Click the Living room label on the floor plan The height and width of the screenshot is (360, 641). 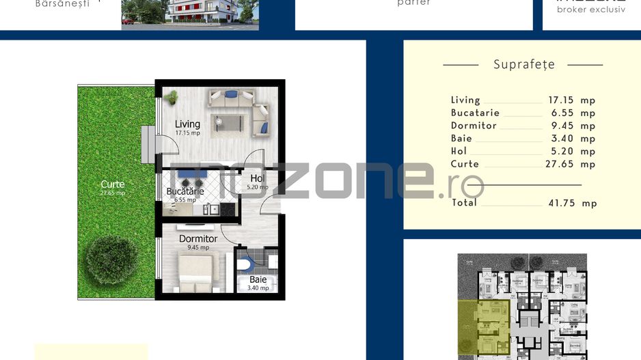tap(187, 124)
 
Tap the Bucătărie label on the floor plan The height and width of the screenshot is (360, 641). tap(185, 192)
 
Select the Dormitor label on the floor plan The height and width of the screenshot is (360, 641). tap(198, 239)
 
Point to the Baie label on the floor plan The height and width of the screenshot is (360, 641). tap(258, 279)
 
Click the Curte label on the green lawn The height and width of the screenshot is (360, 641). tap(113, 184)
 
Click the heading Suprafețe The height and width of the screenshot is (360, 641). tap(523, 64)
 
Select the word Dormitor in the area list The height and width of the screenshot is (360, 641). tap(474, 126)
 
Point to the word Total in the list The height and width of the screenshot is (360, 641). tap(464, 203)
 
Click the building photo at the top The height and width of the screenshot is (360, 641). tap(190, 14)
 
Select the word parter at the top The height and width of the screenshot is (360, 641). tap(413, 3)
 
